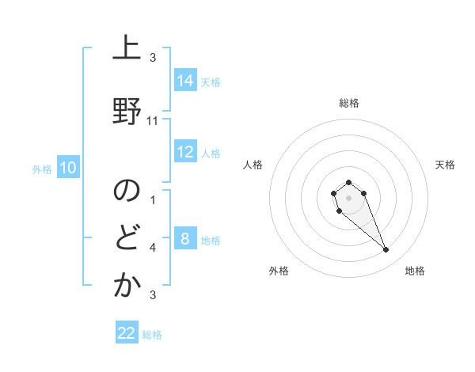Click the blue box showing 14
(185, 81)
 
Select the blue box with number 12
(185, 153)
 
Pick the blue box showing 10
(68, 168)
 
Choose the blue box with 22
(127, 333)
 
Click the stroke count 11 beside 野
(154, 121)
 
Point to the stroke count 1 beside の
(153, 200)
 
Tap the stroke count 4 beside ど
(153, 248)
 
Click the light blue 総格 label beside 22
(153, 335)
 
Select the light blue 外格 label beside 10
(42, 169)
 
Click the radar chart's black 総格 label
(349, 103)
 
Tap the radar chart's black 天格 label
(446, 165)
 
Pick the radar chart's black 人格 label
(253, 165)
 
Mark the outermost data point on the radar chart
(386, 250)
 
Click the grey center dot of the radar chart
(349, 196)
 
